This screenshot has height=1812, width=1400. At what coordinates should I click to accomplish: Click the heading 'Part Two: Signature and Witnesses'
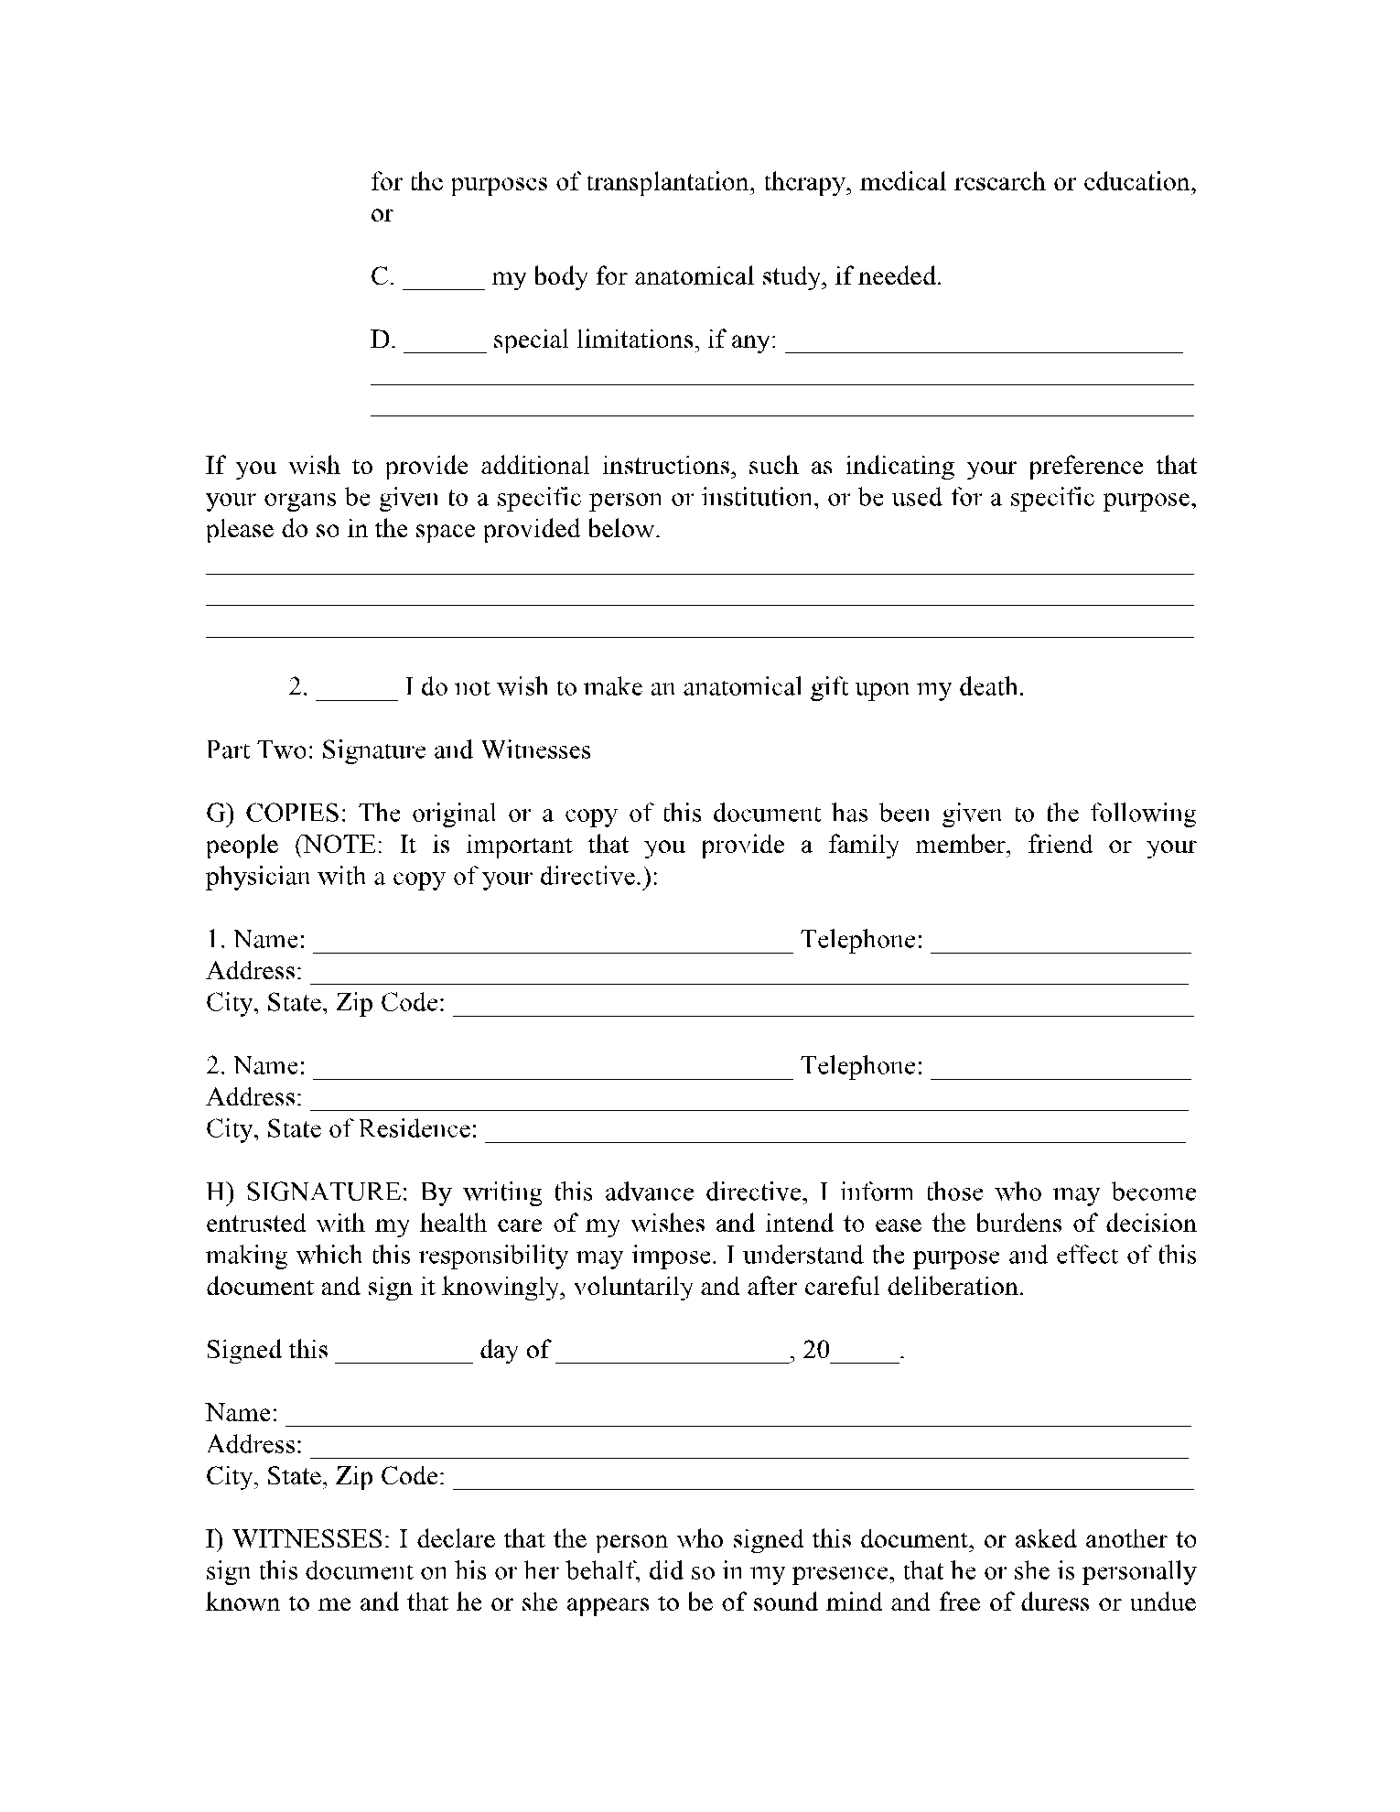click(398, 750)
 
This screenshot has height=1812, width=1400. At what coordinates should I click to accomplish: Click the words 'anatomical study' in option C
click(717, 276)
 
